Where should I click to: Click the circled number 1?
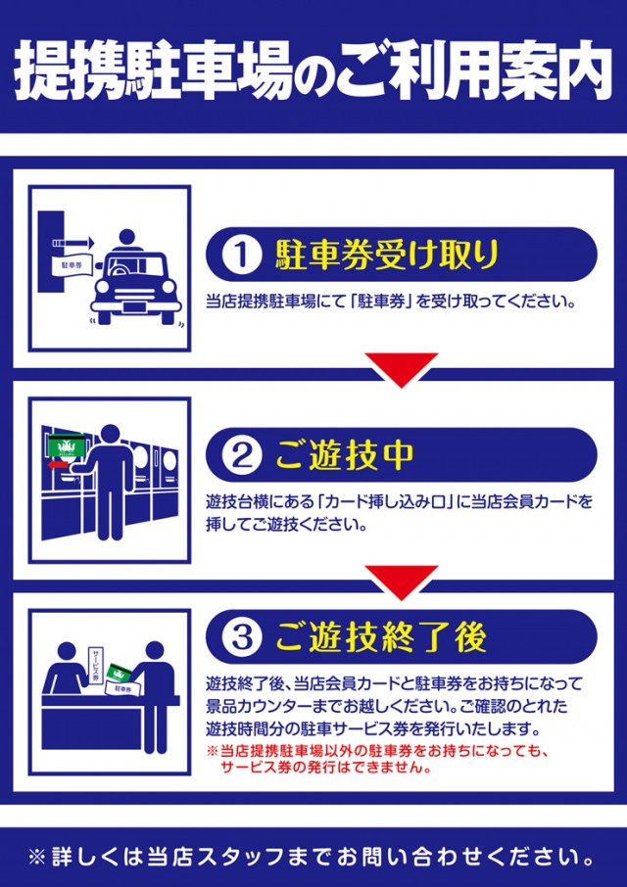coord(240,255)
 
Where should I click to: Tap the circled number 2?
coord(240,456)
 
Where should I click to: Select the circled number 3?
coord(240,638)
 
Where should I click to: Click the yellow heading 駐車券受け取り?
coord(387,255)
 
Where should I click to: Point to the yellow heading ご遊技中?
coord(345,455)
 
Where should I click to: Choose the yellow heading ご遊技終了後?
coord(380,638)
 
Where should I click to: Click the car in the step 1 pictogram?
coord(136,288)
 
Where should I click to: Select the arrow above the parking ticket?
coord(73,243)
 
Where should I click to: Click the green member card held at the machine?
coord(67,444)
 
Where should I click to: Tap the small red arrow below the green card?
coord(58,465)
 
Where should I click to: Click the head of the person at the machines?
coord(109,436)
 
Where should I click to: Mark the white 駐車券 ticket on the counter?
coord(122,689)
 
